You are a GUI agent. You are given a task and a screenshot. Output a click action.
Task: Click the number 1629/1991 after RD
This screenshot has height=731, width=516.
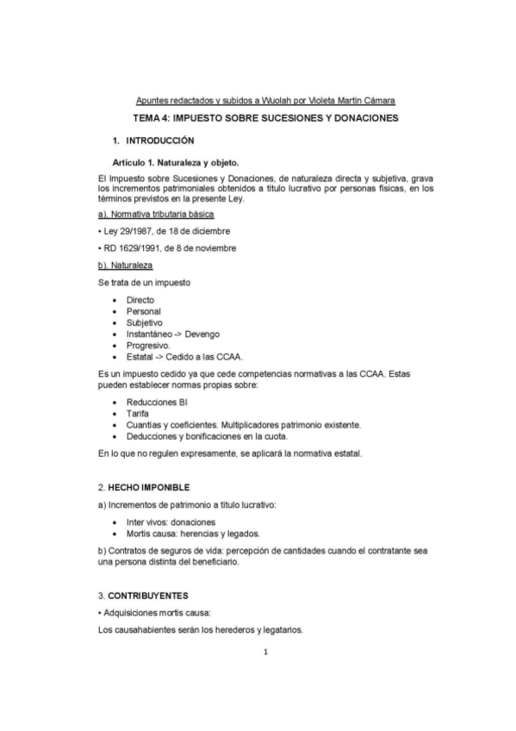[140, 248]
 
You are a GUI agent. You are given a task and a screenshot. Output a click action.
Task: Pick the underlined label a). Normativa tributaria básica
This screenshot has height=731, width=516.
[156, 213]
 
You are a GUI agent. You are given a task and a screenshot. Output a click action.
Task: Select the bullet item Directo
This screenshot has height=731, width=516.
[140, 300]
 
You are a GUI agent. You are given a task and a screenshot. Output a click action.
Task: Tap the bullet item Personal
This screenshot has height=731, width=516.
[143, 311]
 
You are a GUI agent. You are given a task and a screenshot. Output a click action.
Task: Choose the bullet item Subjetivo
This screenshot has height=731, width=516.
[144, 322]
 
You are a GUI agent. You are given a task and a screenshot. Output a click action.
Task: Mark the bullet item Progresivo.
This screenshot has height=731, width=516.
[148, 345]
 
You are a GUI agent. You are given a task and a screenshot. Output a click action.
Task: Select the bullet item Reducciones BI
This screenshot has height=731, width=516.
[158, 403]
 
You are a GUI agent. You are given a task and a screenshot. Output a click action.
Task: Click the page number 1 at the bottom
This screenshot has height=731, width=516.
[266, 653]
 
